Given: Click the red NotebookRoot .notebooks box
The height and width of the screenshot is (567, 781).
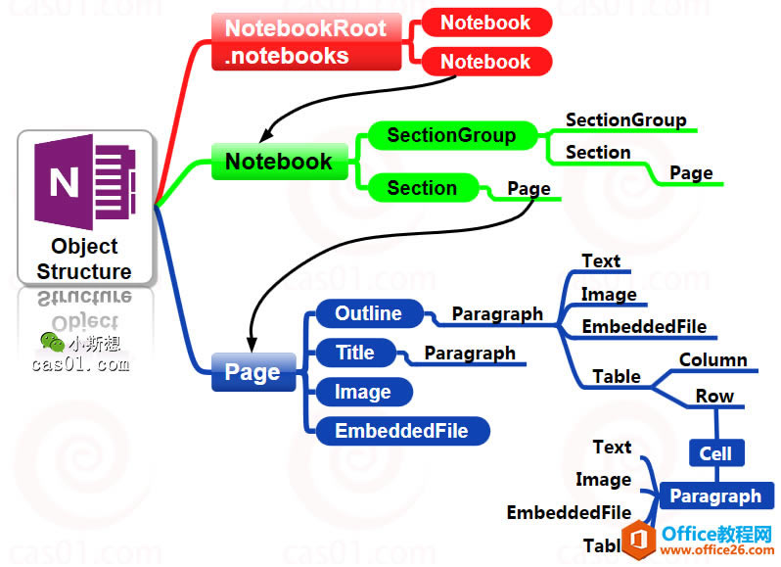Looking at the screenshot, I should (x=306, y=41).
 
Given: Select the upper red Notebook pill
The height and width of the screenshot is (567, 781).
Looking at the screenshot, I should (x=485, y=23).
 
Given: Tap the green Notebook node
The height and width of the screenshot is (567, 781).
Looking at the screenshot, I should (x=279, y=162).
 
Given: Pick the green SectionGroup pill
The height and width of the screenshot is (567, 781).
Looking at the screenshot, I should (x=450, y=135).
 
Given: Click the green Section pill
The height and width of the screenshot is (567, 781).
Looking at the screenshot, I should (x=422, y=188).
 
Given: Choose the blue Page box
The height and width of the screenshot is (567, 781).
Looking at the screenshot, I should (x=253, y=372).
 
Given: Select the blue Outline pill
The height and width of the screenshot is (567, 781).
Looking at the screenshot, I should (x=369, y=313).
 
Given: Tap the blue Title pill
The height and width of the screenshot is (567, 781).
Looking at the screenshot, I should (x=355, y=353).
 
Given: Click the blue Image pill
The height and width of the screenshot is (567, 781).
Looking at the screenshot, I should (x=363, y=392).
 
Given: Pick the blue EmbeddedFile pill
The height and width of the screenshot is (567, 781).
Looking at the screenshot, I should (x=401, y=431).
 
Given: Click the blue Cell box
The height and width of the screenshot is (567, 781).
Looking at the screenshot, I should (x=715, y=453).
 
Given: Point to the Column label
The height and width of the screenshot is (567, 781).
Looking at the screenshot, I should (x=712, y=360).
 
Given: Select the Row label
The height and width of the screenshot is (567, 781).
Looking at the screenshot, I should (x=714, y=397).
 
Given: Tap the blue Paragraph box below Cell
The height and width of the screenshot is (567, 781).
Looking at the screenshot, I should (x=715, y=496).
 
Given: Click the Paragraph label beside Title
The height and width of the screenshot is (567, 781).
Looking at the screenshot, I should (x=470, y=353).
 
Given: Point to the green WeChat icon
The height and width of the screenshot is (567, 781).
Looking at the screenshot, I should (x=52, y=342).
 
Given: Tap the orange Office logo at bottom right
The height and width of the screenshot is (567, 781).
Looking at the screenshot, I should (x=641, y=539).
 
